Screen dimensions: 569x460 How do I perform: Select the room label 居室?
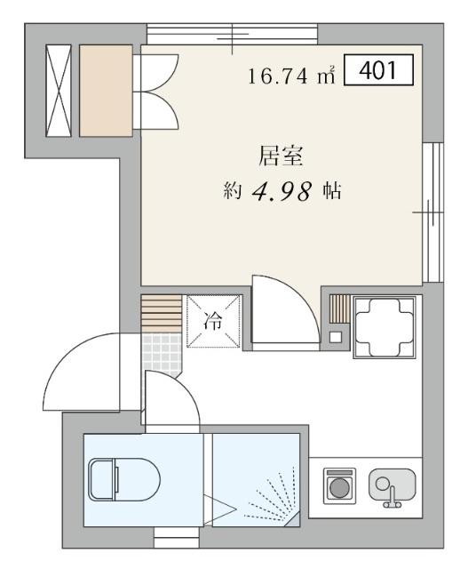282,157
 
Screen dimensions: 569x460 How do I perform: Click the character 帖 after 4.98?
333,191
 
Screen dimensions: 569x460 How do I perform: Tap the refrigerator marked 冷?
213,322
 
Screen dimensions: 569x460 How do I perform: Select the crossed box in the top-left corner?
60,91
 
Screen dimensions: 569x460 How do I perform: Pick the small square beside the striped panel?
336,336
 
